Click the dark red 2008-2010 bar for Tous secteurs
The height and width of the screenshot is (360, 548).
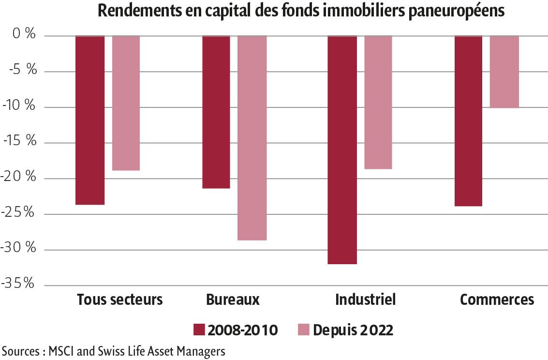(x=90, y=120)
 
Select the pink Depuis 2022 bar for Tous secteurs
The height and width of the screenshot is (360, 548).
(x=126, y=103)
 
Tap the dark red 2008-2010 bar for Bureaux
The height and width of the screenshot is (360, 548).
(x=216, y=112)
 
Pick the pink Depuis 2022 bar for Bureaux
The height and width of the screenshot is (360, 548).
(x=252, y=138)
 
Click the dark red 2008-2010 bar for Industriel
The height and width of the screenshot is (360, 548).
(x=342, y=150)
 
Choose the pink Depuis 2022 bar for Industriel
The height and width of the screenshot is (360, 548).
(x=378, y=102)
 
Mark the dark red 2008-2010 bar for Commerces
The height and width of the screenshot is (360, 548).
(x=468, y=121)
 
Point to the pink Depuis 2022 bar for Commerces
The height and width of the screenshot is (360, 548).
(x=504, y=72)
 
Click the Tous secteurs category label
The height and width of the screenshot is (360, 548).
(x=120, y=300)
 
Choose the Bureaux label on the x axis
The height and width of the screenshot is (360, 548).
(x=233, y=300)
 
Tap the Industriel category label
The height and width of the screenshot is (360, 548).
(x=366, y=300)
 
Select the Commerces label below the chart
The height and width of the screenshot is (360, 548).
(x=497, y=300)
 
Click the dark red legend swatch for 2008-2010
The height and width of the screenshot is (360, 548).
(x=200, y=330)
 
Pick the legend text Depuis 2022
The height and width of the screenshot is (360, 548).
(x=353, y=330)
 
